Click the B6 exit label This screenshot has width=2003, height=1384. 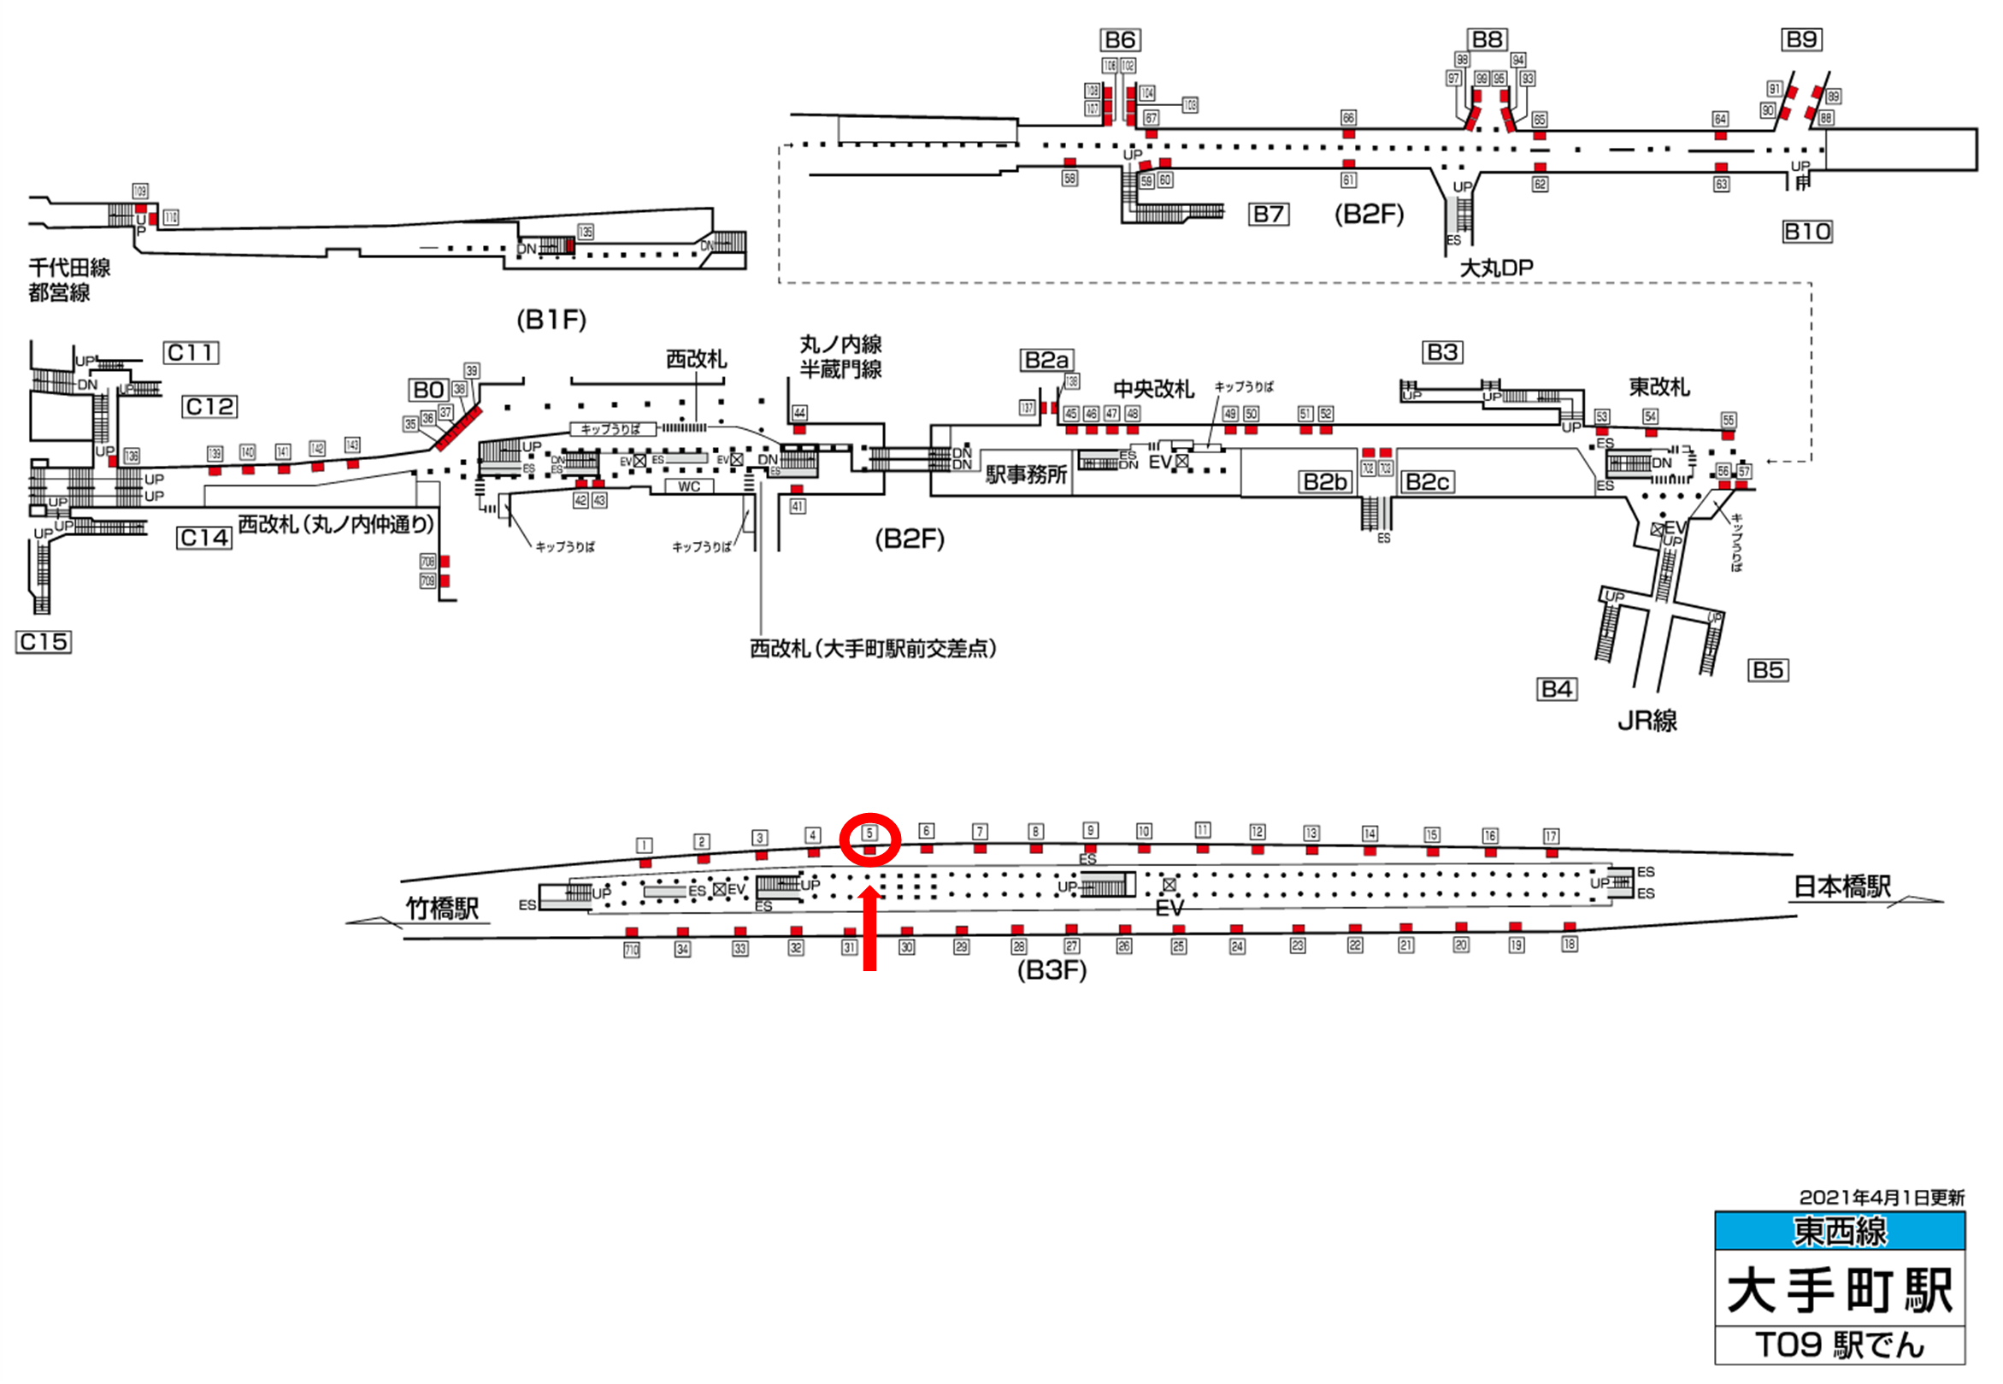click(x=1120, y=40)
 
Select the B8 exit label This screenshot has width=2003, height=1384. click(x=1488, y=39)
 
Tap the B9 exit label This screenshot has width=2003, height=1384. click(x=1802, y=39)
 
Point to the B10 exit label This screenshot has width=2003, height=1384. click(x=1807, y=232)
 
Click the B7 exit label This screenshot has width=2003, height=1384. click(x=1269, y=215)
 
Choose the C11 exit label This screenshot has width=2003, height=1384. click(x=191, y=353)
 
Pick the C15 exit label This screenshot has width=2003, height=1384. click(x=44, y=642)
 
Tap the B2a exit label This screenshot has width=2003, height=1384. click(x=1046, y=360)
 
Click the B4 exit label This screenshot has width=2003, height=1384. click(x=1557, y=689)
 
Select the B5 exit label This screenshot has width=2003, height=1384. click(x=1767, y=670)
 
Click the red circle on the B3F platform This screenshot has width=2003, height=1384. click(x=869, y=839)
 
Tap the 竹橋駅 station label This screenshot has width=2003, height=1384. click(x=442, y=909)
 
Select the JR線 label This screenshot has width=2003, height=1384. click(x=1647, y=721)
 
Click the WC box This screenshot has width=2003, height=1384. click(x=688, y=486)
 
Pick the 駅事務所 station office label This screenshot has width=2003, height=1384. click(x=1026, y=474)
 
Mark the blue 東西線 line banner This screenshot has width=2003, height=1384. click(x=1839, y=1231)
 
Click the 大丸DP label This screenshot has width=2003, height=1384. click(x=1496, y=268)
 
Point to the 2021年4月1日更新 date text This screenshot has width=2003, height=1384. click(x=1882, y=1198)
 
